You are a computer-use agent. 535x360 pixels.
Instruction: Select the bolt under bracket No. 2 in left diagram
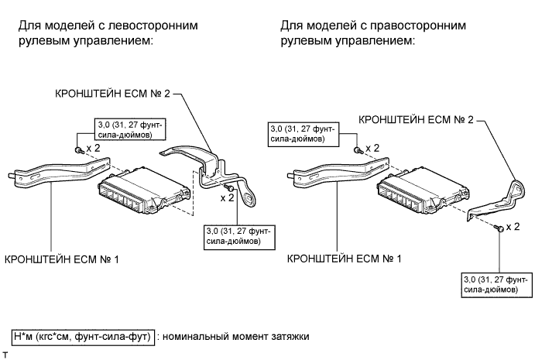pyautogui.click(x=230, y=188)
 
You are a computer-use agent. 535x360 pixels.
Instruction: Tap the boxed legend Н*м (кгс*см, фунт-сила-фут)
pyautogui.click(x=83, y=337)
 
